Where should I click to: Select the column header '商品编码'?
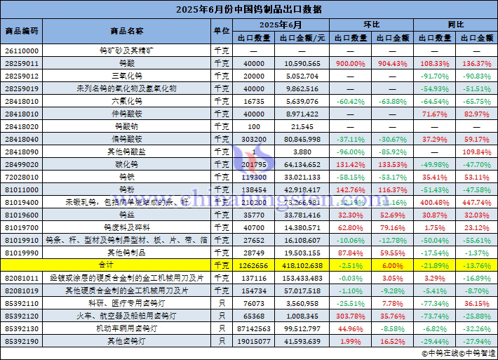[21, 32]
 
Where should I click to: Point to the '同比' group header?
[455, 25]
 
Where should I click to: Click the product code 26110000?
[21, 51]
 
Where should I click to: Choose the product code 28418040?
[21, 139]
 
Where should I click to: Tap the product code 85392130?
[21, 328]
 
